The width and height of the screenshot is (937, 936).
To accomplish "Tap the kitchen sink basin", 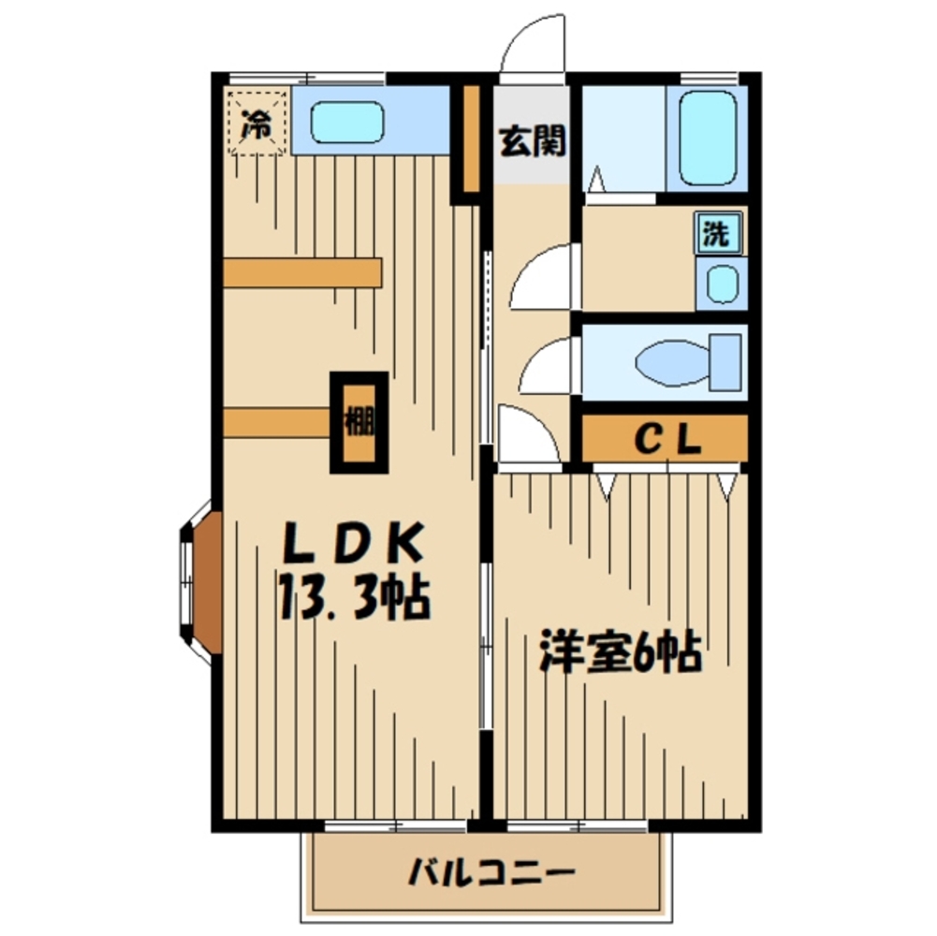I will [x=347, y=122].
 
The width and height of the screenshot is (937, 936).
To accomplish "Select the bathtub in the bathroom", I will [x=708, y=139].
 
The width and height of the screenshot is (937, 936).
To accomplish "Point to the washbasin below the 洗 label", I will [x=721, y=285].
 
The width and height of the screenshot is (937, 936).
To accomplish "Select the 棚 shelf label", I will [x=359, y=422].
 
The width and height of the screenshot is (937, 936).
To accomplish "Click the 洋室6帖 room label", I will [x=620, y=654].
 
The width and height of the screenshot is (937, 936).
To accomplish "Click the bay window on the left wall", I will [x=199, y=581].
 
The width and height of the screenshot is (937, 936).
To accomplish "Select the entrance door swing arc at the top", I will [x=534, y=47].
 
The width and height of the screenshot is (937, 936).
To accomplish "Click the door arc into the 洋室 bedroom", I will [x=527, y=435].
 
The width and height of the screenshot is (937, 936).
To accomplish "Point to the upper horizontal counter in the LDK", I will [x=302, y=272].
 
